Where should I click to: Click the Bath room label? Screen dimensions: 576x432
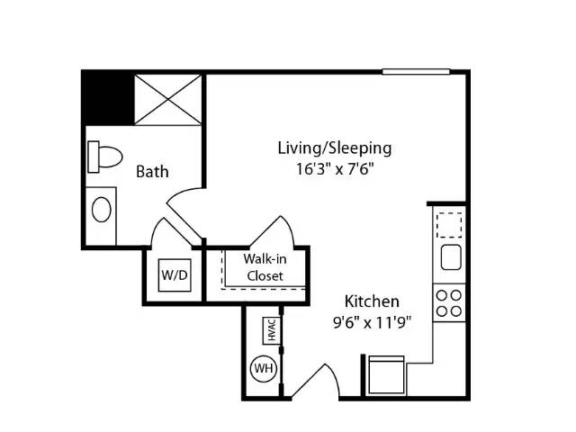152,172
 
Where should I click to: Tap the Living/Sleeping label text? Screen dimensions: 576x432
334,148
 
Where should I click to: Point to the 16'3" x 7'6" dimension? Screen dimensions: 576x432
335,169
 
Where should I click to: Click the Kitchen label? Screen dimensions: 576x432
372,301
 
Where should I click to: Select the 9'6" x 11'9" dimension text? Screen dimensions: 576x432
372,323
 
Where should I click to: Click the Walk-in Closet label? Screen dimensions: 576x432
265,267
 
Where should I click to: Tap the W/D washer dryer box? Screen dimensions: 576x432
175,275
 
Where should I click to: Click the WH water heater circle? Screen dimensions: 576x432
264,368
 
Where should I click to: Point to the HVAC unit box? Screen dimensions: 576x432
272,330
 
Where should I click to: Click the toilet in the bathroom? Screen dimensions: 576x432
104,157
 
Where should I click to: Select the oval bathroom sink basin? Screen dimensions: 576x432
102,210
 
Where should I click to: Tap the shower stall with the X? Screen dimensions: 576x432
168,100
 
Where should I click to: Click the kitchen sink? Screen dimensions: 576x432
451,257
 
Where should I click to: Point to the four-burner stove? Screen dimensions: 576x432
449,303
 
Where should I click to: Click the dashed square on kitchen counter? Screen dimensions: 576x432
449,225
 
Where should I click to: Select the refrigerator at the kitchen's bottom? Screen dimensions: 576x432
386,374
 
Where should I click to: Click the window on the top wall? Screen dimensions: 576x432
416,72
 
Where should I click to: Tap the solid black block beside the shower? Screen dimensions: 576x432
108,97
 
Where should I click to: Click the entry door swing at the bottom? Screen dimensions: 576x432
316,381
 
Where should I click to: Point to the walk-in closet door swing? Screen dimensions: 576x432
273,231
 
